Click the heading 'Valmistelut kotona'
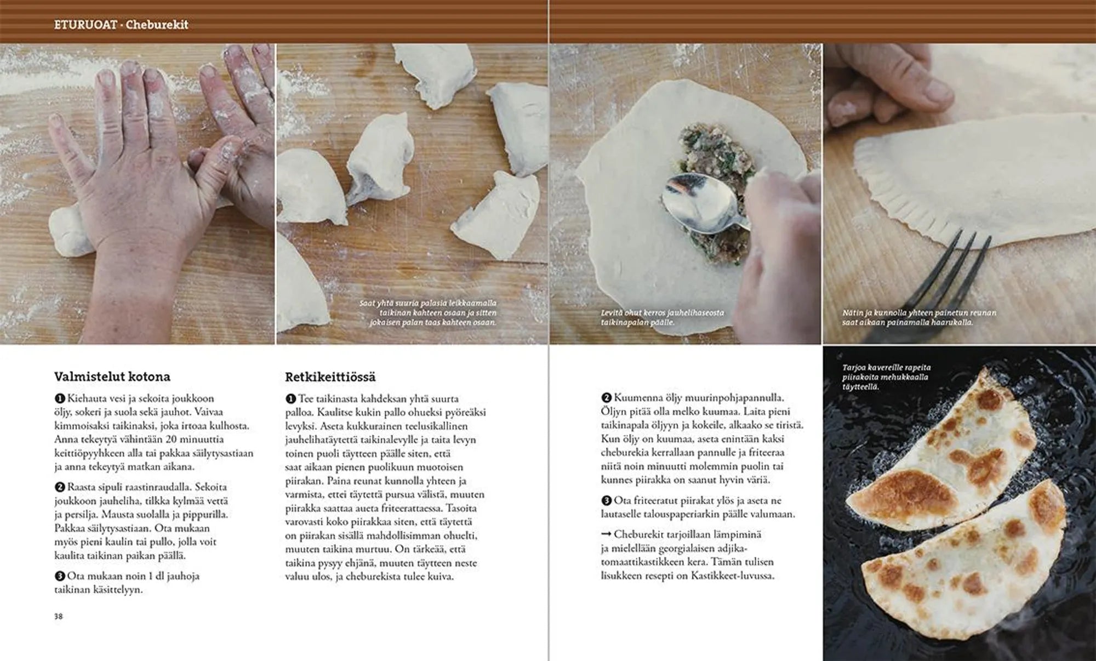[x=112, y=377]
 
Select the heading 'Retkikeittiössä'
[x=330, y=377]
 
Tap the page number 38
[x=59, y=616]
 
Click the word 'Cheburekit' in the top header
[x=157, y=25]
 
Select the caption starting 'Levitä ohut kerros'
[x=662, y=317]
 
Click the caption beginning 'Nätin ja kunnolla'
[x=919, y=317]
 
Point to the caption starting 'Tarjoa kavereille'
[x=886, y=377]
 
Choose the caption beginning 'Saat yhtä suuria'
[x=427, y=312]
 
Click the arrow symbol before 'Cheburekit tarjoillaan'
[x=606, y=534]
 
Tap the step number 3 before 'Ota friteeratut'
[x=606, y=500]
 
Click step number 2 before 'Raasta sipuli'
[x=60, y=487]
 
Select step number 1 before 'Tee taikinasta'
[x=290, y=398]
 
